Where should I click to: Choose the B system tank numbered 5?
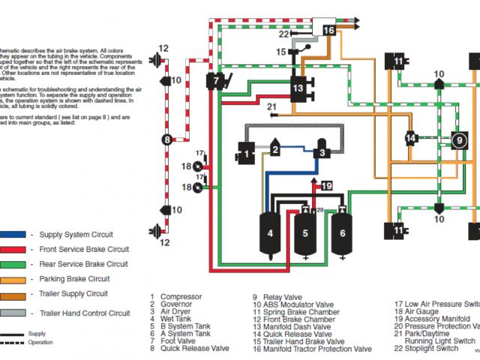pos(305,235)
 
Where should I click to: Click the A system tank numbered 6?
pos(342,235)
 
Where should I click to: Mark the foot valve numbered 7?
pos(215,80)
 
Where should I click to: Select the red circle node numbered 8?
pos(167,139)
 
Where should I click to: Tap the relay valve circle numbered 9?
pos(457,139)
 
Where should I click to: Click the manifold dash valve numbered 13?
pos(298,88)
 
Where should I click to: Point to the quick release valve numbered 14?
pos(410,138)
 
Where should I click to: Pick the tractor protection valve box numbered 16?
pos(329,30)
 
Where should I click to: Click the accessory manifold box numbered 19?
pos(326,185)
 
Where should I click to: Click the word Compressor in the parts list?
pos(181,297)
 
